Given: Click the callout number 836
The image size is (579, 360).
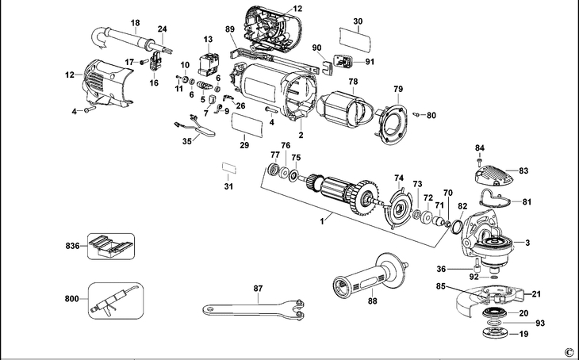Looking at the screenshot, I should pos(71,247).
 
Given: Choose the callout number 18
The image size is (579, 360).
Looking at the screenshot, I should pos(134,22).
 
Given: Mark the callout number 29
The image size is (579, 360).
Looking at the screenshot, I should pos(244,145).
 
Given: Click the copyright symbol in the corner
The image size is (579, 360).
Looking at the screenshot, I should pos(568,350).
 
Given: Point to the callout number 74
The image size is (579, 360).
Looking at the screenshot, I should pos(399,178).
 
